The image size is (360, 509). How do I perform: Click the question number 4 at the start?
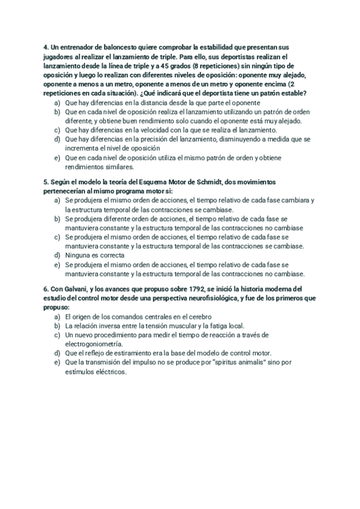46,47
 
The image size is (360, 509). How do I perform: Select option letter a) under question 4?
57,103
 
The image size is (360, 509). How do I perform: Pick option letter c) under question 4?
57,130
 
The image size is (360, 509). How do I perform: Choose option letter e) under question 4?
57,157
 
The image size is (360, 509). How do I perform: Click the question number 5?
46,181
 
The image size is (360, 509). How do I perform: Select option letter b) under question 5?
57,218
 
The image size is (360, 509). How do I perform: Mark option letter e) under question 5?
57,264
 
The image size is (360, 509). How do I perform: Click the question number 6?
46,289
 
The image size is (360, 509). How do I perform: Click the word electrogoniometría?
93,344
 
